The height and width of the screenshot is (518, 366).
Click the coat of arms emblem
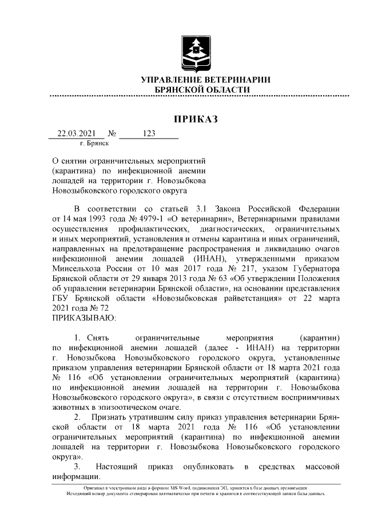[x=196, y=53]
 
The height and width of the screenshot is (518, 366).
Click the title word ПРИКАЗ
[x=196, y=120]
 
